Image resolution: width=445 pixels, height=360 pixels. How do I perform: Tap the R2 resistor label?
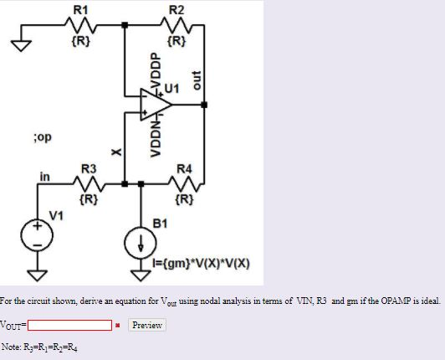pyautogui.click(x=176, y=8)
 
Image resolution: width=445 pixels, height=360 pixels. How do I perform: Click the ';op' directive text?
pyautogui.click(x=41, y=133)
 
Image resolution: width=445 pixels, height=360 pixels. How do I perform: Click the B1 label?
pyautogui.click(x=161, y=223)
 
